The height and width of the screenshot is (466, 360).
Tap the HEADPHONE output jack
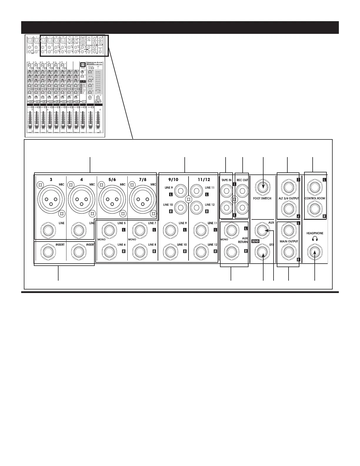click(315, 253)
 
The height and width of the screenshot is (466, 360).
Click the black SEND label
click(255, 241)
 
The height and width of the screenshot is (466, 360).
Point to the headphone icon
click(314, 239)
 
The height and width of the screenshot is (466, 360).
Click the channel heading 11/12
click(204, 179)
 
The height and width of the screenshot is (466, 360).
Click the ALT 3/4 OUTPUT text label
click(289, 198)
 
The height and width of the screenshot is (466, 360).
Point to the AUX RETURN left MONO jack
click(231, 230)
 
